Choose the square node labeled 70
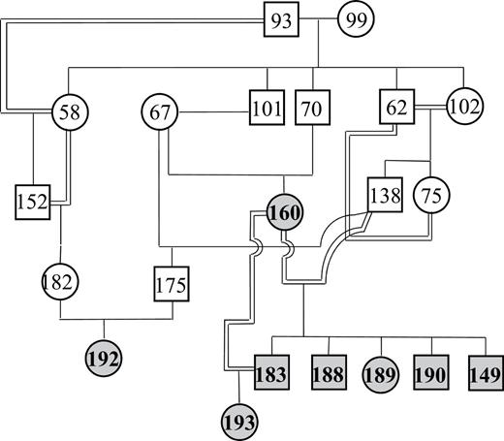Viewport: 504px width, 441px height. tap(310, 109)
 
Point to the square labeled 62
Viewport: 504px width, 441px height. tap(397, 105)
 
